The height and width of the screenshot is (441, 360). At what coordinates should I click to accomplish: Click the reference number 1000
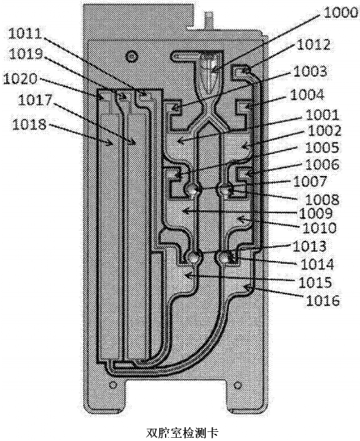coord(340,13)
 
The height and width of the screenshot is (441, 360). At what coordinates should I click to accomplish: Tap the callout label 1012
coord(313,44)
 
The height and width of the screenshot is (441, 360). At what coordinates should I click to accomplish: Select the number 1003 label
coord(310,71)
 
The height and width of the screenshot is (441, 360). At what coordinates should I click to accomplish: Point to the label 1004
coord(307,95)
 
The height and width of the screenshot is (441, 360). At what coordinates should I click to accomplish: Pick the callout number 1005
coord(322,147)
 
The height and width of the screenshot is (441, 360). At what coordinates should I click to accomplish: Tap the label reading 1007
coord(310,181)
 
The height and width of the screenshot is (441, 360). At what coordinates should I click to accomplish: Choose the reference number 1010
coord(320,228)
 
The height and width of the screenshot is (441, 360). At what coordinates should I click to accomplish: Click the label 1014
coord(317,264)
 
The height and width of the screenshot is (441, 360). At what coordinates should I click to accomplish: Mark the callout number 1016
coord(323,301)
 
